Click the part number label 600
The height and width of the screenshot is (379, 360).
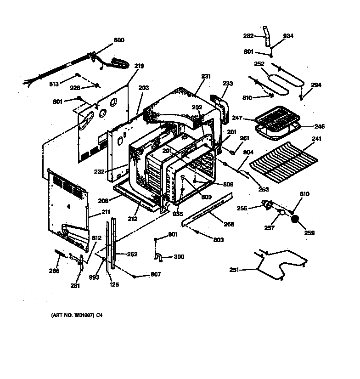coord(118,40)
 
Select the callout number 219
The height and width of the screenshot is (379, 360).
coord(139,66)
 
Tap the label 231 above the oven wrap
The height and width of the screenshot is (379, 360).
coord(206,76)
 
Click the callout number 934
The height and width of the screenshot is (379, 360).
coord(288,36)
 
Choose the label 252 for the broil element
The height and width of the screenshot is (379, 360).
coord(259,64)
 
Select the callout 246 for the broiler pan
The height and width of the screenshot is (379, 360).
coord(320,125)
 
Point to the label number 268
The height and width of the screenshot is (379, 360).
coord(229,224)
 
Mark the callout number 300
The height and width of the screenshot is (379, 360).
coord(179,257)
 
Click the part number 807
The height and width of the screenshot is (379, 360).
coord(157,275)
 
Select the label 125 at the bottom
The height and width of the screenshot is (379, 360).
coord(114,284)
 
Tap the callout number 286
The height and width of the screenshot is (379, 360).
coord(54,271)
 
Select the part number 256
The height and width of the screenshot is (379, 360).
coord(242,208)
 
